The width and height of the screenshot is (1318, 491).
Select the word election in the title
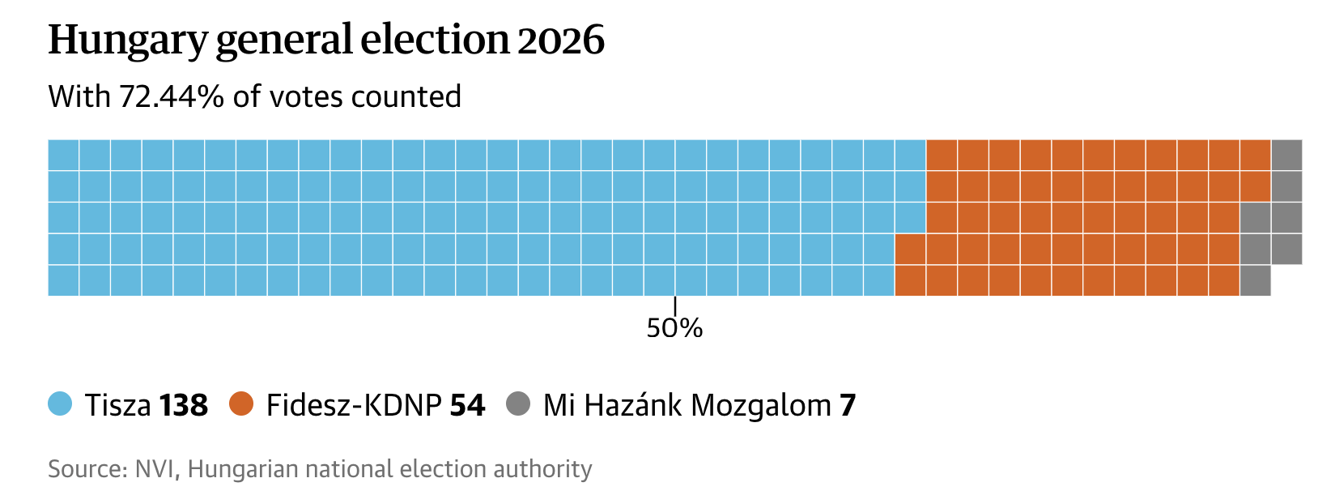(x=435, y=41)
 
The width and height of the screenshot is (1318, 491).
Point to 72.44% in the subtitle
(x=172, y=96)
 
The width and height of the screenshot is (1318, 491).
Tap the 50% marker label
(x=674, y=328)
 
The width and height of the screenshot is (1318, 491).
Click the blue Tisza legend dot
(x=60, y=403)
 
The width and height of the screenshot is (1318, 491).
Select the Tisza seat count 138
(x=184, y=405)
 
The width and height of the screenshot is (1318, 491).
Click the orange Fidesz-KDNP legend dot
(x=241, y=403)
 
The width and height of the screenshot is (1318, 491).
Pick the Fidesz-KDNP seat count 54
(x=467, y=405)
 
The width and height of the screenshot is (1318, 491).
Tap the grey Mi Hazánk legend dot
(x=518, y=403)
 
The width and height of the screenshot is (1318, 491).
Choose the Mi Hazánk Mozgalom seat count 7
(x=848, y=405)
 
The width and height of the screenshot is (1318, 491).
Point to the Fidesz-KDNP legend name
(x=354, y=405)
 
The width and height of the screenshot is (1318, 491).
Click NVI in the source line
(x=155, y=469)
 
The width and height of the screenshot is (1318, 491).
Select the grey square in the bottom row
(x=1255, y=280)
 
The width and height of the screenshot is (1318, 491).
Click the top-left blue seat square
(x=63, y=155)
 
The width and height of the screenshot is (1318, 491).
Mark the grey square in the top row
(x=1286, y=155)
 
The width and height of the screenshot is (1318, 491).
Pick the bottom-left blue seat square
(x=63, y=280)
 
